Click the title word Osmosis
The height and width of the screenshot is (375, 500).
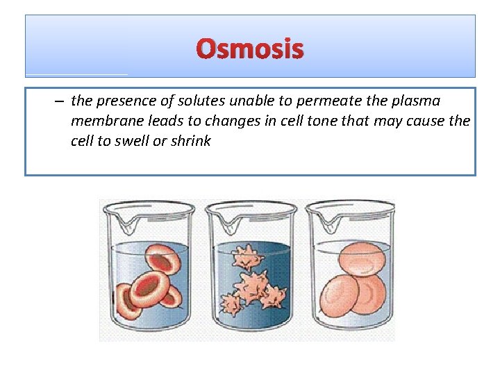point(250,49)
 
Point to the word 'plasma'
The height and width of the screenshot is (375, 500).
point(415,101)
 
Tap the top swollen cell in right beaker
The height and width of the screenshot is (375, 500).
point(362,261)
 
